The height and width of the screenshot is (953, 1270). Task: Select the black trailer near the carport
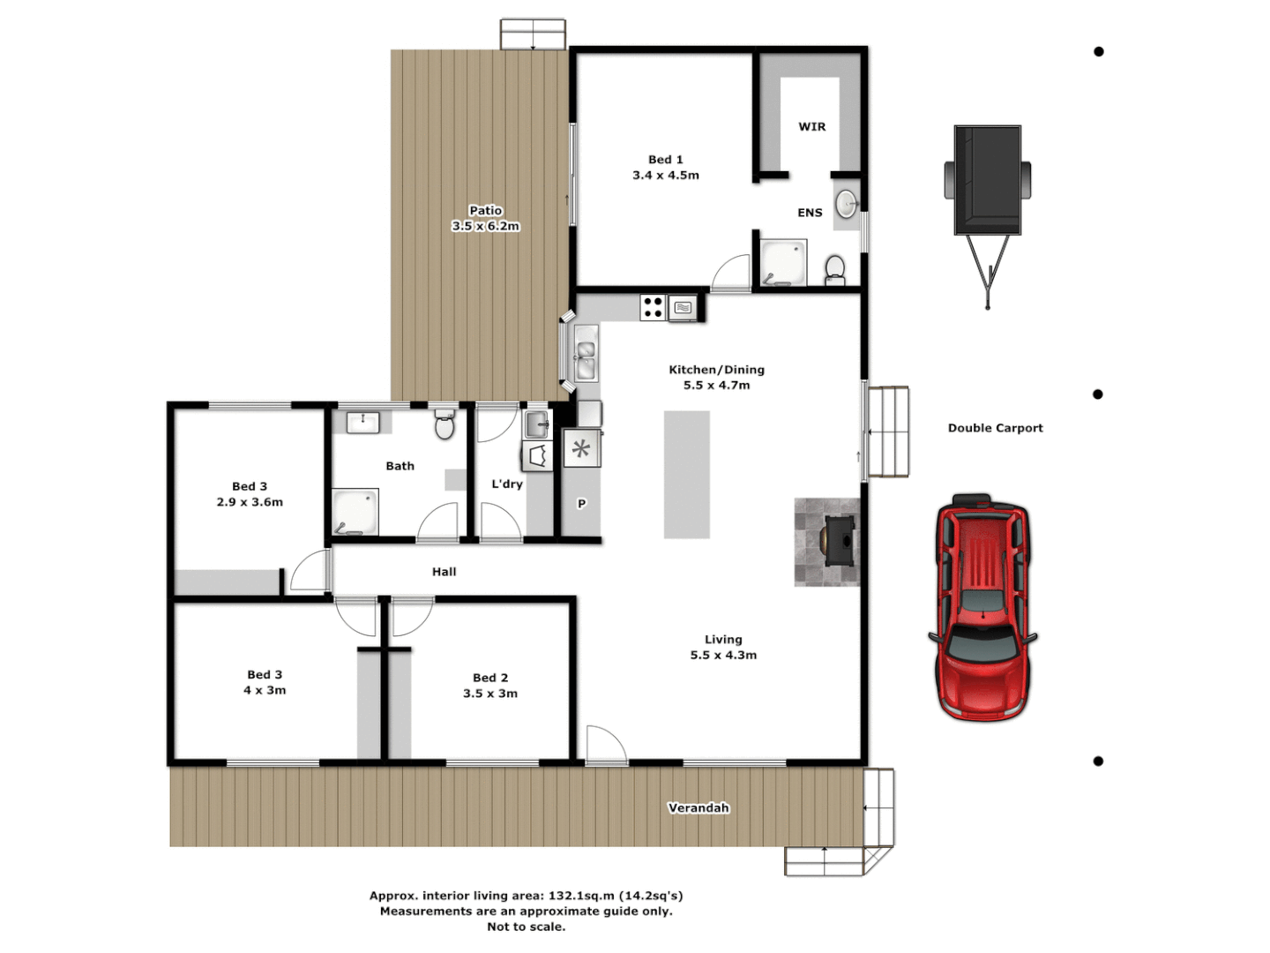[987, 181]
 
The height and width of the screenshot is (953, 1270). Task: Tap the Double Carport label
[995, 428]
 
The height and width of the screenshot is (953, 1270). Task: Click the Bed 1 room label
[665, 160]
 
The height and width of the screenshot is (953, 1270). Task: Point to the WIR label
[811, 127]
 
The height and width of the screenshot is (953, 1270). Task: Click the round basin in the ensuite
[846, 204]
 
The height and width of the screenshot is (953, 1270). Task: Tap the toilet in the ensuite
[834, 269]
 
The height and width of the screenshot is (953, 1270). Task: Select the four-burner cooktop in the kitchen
[653, 307]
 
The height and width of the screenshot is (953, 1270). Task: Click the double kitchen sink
[585, 353]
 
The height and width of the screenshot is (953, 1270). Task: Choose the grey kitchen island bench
[686, 474]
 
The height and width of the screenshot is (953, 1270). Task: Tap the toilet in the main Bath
[444, 425]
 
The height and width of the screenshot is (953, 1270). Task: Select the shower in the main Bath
[355, 512]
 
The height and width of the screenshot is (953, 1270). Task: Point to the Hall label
[444, 572]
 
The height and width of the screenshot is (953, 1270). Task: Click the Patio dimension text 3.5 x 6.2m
[485, 227]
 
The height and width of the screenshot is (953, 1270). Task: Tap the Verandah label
[698, 808]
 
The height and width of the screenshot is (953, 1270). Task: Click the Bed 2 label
[490, 678]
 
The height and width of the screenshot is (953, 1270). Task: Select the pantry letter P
[581, 504]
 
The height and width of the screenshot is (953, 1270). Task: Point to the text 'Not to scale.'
[526, 927]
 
